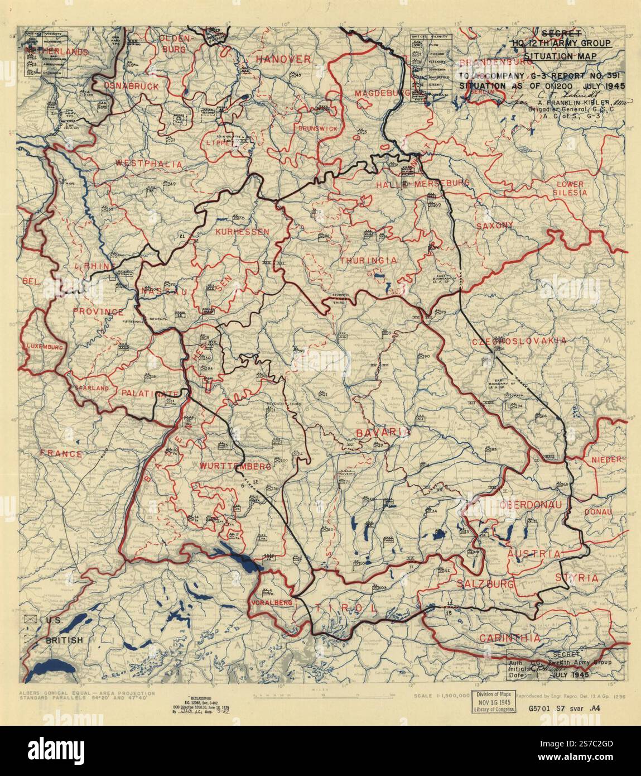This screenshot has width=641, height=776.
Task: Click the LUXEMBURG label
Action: click(43, 347)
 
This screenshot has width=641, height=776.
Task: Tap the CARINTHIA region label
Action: click(512, 638)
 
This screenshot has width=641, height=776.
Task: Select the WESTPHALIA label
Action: click(141, 164)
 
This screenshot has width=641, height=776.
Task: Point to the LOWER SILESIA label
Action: click(569, 188)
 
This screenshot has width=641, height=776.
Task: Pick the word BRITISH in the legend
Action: click(65, 640)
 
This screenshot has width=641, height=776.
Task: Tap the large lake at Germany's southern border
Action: click(240, 555)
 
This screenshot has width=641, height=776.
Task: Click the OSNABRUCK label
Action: click(126, 86)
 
